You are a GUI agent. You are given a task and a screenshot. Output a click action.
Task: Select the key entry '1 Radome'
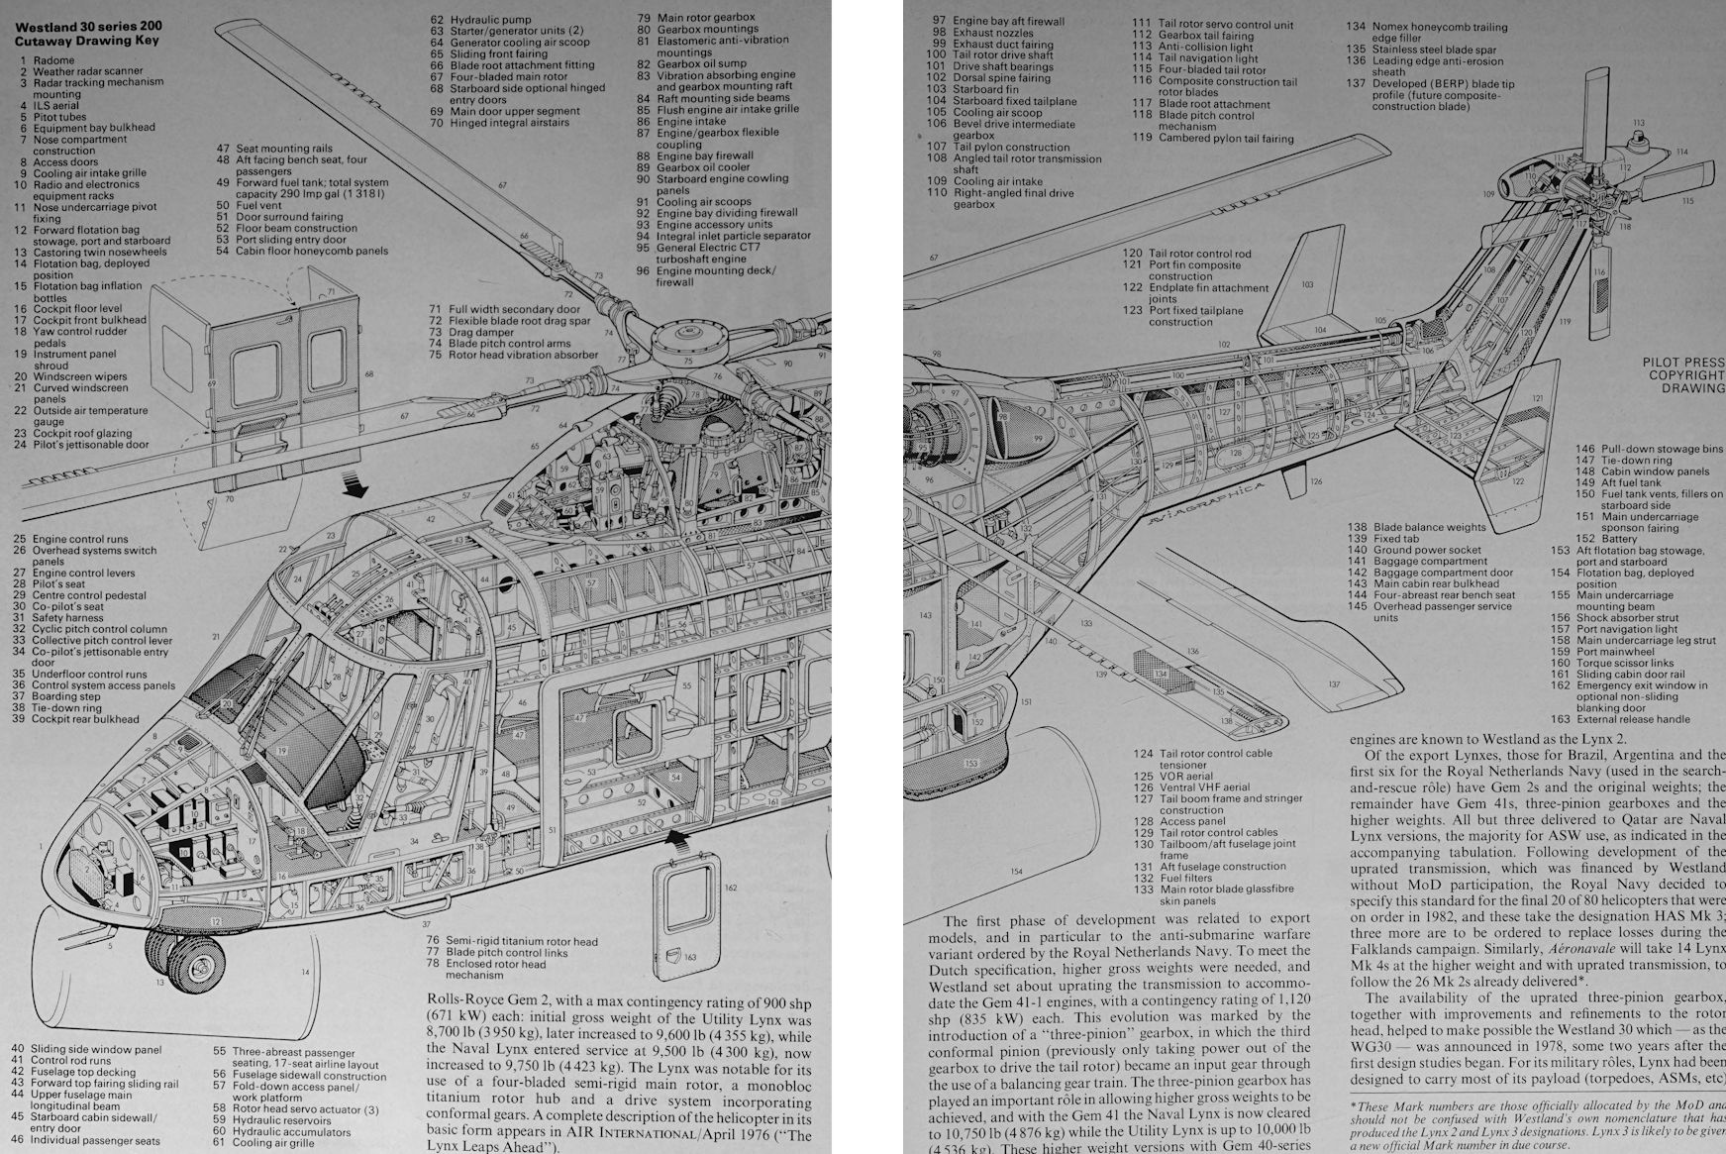tap(46, 60)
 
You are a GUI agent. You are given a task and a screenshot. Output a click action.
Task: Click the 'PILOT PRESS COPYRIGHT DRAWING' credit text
tap(1683, 375)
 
